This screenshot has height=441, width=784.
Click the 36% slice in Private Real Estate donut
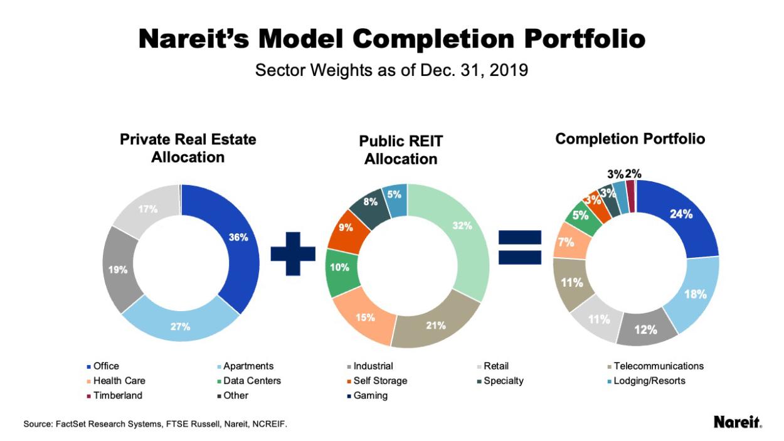pyautogui.click(x=238, y=238)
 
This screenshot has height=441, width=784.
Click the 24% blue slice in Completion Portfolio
pyautogui.click(x=681, y=215)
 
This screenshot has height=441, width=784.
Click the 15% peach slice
pyautogui.click(x=364, y=317)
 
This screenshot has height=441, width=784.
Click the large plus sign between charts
pyautogui.click(x=293, y=253)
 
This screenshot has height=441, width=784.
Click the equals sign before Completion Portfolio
pyautogui.click(x=519, y=247)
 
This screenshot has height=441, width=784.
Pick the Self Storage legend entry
pyautogui.click(x=379, y=381)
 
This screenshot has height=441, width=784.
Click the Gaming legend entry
pyautogui.click(x=370, y=396)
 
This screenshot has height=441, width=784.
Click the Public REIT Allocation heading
pyautogui.click(x=401, y=151)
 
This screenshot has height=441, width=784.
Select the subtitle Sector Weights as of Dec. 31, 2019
pyautogui.click(x=391, y=70)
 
